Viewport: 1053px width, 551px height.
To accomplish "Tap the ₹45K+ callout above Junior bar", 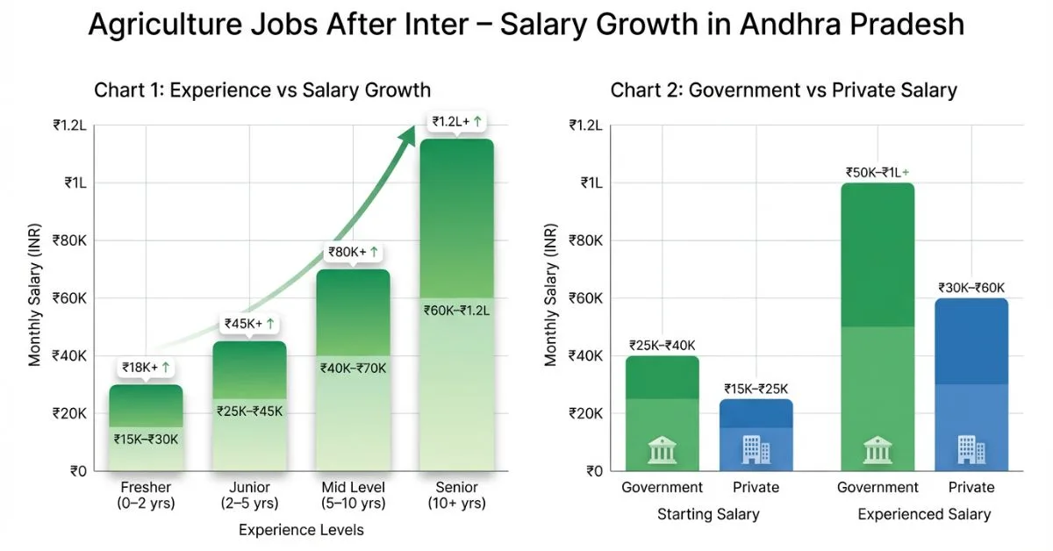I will (249, 325).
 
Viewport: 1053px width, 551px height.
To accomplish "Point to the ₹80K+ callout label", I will (353, 253).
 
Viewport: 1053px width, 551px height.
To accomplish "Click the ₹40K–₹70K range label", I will (353, 368).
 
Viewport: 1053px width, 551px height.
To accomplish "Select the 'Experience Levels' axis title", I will (301, 530).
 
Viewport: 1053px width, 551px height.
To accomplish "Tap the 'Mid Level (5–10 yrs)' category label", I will (353, 496).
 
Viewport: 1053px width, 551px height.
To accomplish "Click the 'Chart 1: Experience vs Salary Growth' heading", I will (262, 90).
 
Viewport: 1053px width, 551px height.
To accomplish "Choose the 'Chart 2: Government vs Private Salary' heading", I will (784, 90).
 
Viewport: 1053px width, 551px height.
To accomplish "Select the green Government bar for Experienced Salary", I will (877, 325).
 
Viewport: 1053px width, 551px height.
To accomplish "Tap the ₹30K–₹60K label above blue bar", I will (971, 288).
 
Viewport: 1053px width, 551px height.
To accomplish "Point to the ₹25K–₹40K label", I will (663, 345).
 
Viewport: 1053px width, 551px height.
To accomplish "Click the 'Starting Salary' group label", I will (708, 514).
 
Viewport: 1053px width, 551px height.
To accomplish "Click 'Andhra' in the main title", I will (768, 25).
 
